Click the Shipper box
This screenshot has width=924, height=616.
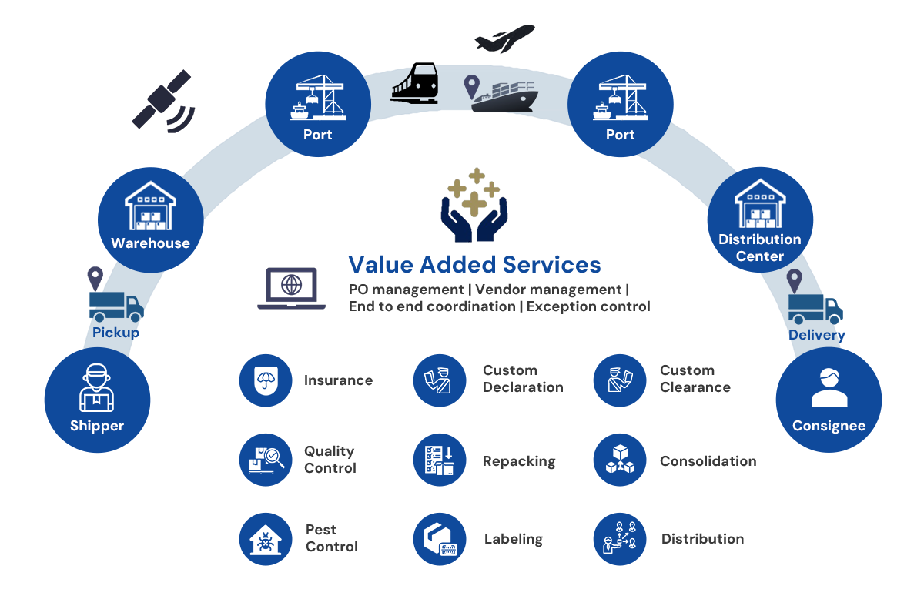97,400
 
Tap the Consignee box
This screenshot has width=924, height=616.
829,400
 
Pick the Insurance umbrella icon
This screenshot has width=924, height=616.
266,380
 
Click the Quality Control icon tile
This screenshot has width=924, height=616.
266,460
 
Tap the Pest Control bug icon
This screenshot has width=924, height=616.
266,539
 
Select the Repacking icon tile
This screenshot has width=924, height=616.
440,460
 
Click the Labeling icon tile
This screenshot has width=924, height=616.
440,539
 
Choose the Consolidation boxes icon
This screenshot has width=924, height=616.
620,460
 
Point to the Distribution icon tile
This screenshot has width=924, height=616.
620,539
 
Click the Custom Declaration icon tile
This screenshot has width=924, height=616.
440,380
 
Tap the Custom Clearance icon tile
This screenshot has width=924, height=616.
620,380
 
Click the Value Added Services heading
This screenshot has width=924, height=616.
474,264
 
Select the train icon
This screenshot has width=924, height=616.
414,83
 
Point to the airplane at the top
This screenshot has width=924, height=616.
504,39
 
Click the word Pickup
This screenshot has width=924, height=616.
115,333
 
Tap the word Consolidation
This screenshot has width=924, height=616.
708,461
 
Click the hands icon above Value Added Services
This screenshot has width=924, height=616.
474,205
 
